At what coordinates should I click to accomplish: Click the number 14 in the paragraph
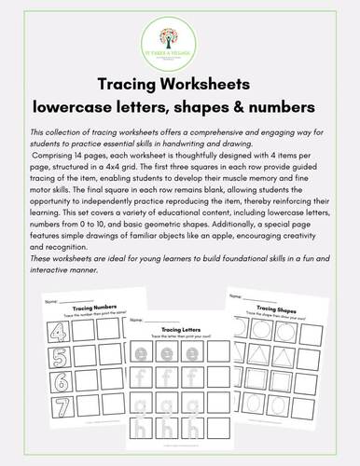point(79,156)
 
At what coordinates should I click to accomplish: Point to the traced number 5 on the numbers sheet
point(41,380)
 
